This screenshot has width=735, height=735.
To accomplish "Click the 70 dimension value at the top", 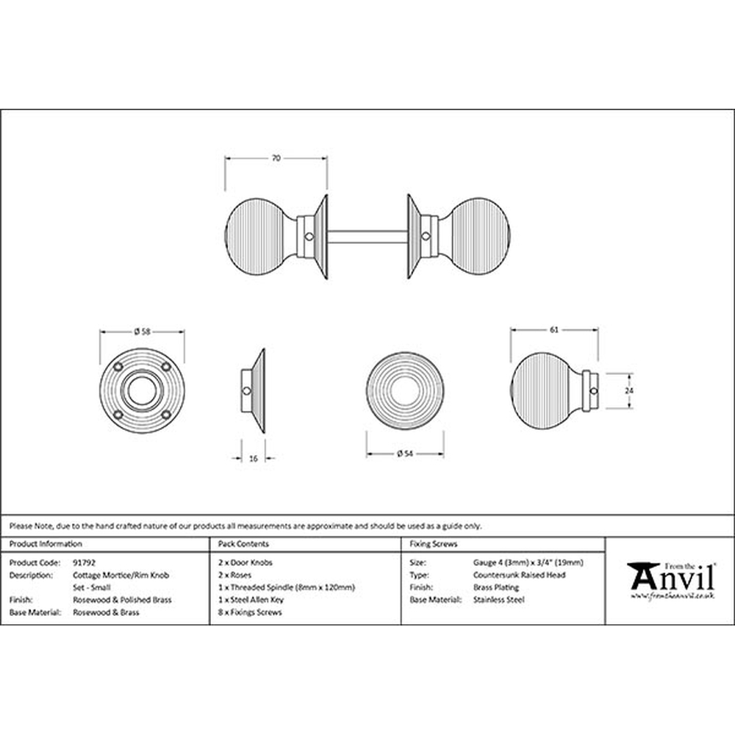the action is (276, 159).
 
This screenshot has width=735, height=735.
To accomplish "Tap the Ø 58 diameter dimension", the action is (142, 331).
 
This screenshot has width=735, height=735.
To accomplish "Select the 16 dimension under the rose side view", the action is (253, 459).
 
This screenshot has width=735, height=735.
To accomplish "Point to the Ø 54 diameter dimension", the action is (405, 453).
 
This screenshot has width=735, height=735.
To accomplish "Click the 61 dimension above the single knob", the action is (554, 330).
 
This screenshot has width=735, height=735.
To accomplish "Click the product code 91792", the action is (84, 562).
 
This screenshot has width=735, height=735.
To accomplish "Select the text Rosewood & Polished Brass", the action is (122, 600).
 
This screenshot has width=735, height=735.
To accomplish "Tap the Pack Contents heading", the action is (243, 544).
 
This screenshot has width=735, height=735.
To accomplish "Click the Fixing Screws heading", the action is (434, 544).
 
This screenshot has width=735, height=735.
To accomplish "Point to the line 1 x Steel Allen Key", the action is (251, 600).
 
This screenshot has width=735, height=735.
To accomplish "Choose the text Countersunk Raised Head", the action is (520, 575).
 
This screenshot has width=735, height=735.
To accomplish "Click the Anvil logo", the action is (671, 581).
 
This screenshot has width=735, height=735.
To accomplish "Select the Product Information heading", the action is (46, 544).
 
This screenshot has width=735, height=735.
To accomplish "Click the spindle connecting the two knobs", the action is (367, 237).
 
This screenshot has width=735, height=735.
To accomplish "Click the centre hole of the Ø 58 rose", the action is (142, 390).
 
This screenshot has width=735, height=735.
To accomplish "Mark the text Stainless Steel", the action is (499, 600).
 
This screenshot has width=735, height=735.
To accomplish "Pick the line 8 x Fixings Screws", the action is (250, 612).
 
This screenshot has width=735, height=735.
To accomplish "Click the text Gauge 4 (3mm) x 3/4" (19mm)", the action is (528, 562).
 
